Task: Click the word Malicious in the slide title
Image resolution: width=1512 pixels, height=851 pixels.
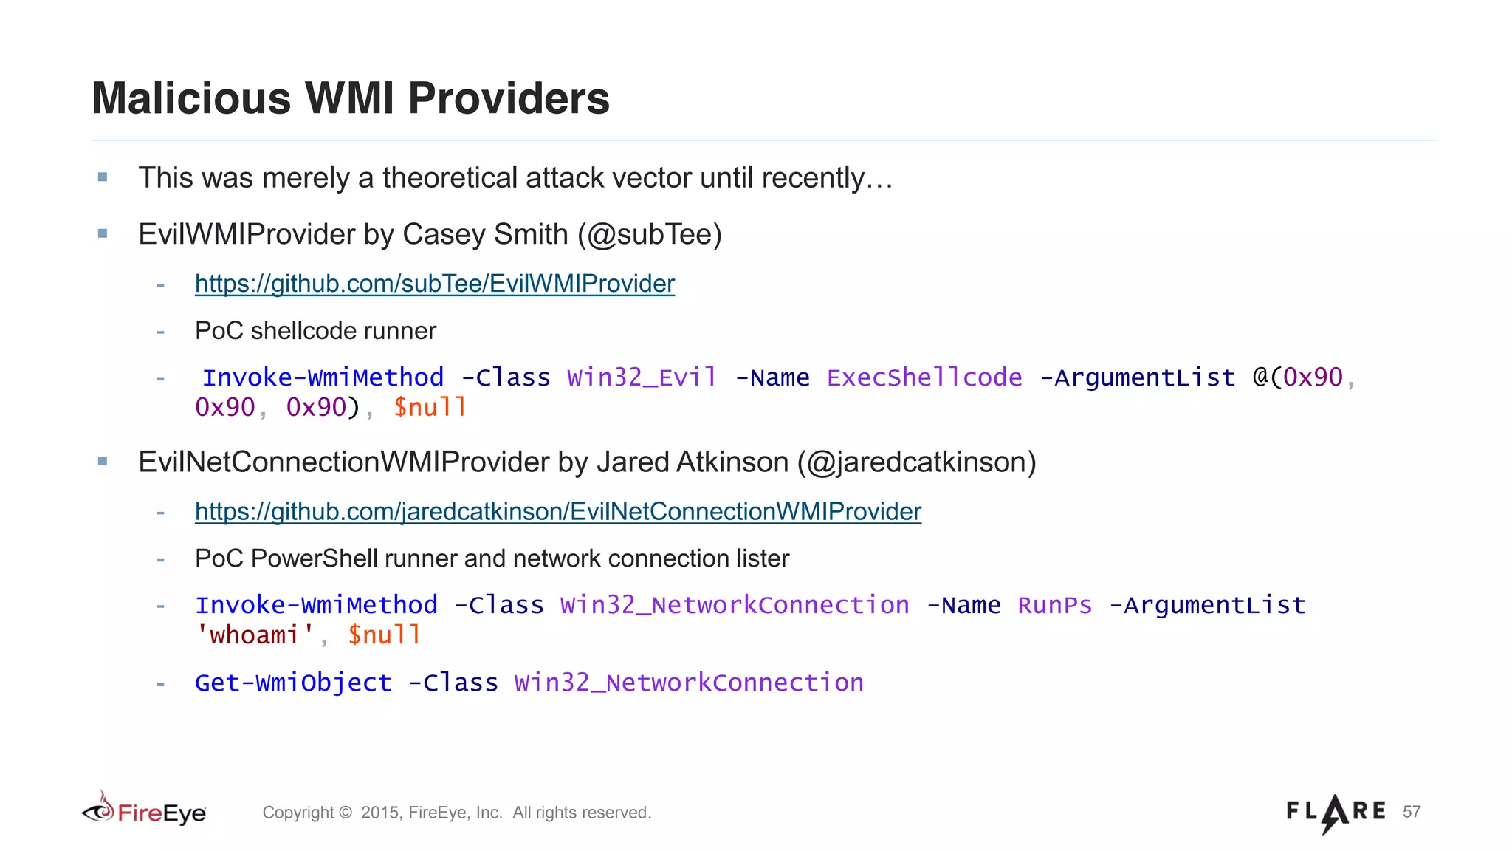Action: [x=191, y=98]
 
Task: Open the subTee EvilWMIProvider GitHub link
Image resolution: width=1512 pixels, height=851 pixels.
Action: [x=434, y=284]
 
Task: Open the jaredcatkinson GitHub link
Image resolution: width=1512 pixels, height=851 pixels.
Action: [x=557, y=511]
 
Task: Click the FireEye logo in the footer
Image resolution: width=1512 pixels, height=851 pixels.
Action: [x=145, y=811]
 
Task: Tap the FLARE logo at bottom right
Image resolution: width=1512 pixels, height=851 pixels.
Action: [x=1336, y=813]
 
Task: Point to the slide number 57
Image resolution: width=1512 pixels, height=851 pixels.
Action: [x=1412, y=812]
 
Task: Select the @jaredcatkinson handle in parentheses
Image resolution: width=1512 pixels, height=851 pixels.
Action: [x=916, y=462]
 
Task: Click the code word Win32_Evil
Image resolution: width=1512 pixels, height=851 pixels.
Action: [x=642, y=377]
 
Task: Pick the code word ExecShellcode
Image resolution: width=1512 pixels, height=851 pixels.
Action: [x=924, y=377]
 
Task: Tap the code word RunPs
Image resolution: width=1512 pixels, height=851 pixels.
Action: [x=1054, y=605]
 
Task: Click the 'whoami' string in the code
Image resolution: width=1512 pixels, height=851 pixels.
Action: [x=255, y=635]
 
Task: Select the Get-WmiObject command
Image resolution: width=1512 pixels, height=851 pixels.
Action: [x=293, y=683]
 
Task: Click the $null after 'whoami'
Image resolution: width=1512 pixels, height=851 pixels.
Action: [x=384, y=635]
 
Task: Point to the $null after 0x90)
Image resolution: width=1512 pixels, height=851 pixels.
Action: [x=430, y=407]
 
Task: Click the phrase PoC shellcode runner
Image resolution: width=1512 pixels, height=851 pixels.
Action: [x=315, y=331]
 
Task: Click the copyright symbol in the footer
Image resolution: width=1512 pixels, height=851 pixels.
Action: [x=346, y=813]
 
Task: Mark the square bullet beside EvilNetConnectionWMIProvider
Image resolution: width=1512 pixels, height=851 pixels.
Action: [x=103, y=462]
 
